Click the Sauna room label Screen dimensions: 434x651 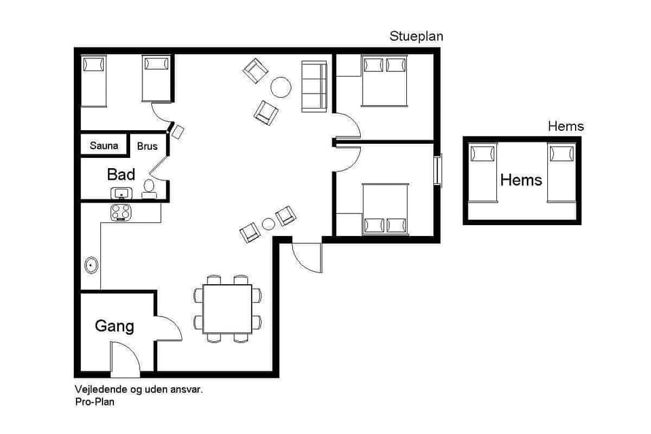(x=104, y=146)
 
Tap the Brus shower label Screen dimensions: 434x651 (x=147, y=146)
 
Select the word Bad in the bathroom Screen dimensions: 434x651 (x=121, y=174)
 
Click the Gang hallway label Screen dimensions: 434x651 (x=114, y=326)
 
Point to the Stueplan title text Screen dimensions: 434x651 (x=416, y=37)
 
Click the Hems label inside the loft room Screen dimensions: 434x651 (x=521, y=180)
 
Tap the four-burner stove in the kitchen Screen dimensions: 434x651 (x=121, y=212)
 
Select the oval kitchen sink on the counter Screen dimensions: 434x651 (x=91, y=265)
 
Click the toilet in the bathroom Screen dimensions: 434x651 (x=149, y=189)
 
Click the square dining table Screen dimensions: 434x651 (x=228, y=309)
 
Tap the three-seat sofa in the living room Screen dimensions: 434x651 (x=313, y=85)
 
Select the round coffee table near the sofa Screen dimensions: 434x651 (x=281, y=87)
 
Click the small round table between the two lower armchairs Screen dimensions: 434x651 (x=269, y=224)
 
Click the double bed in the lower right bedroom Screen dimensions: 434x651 (x=385, y=208)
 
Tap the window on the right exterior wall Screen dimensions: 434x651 (x=438, y=170)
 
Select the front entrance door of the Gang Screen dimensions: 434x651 (x=125, y=359)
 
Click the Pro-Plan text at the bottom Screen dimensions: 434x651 (x=94, y=402)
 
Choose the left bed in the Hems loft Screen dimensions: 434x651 (x=484, y=172)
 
